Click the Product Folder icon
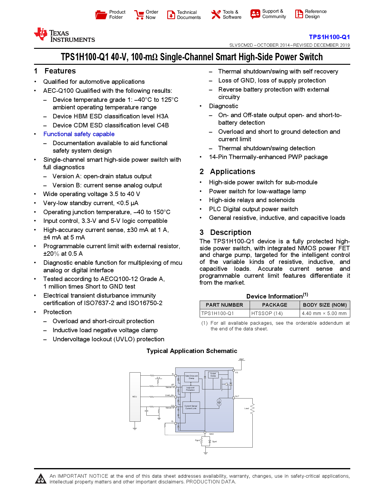pos(101,14)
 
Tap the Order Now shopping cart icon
pos(139,14)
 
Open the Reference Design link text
pos(316,14)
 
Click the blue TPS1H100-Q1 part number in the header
pos(329,37)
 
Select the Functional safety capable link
pos(79,134)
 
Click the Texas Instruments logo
pos(64,35)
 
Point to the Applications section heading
pos(233,172)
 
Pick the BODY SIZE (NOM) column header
pos(325,305)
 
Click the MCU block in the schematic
pos(135,397)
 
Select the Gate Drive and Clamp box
pos(191,377)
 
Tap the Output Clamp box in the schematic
pos(213,375)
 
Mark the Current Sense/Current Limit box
pos(191,407)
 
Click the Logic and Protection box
pos(190,389)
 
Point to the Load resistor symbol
pos(252,408)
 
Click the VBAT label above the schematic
pos(241,359)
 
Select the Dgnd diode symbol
pos(210,441)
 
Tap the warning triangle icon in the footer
pos(41,479)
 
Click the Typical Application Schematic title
pos(192,351)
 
